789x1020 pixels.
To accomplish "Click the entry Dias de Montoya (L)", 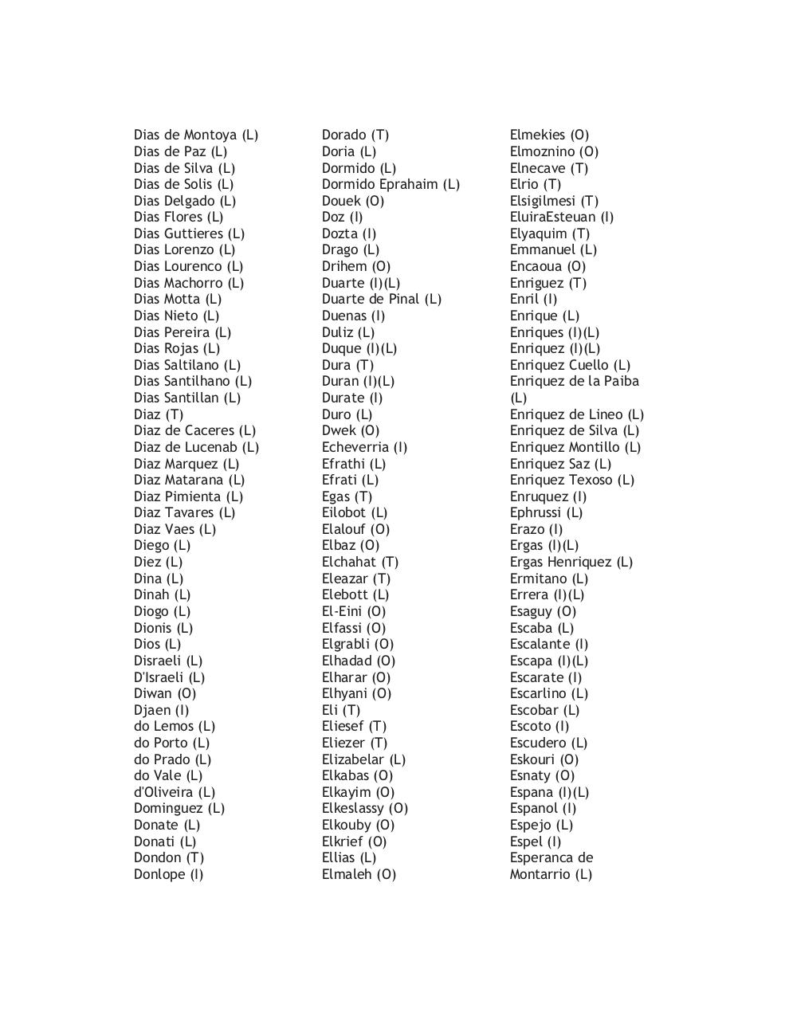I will point(195,135).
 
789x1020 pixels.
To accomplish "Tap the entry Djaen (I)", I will point(161,710).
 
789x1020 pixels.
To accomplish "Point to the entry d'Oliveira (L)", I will point(174,792).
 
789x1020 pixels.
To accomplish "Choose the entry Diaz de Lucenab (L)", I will point(196,447).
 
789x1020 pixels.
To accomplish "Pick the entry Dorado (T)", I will point(355,135).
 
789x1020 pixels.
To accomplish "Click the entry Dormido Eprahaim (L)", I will point(391,184).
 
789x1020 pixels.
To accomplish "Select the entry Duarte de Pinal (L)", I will point(381,299).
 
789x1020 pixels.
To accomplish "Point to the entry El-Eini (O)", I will point(353,611).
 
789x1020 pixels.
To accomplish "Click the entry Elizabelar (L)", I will point(363,759).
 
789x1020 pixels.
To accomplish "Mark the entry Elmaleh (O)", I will point(359,874).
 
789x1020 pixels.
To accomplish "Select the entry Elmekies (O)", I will point(549,135).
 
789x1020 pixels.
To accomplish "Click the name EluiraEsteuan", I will point(552,217).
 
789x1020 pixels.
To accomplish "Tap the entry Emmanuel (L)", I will point(553,249).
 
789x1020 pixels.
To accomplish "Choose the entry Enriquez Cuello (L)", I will point(570,365).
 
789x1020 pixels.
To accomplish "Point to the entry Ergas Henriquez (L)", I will point(571,562).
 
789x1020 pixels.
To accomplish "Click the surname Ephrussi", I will point(536,512).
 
